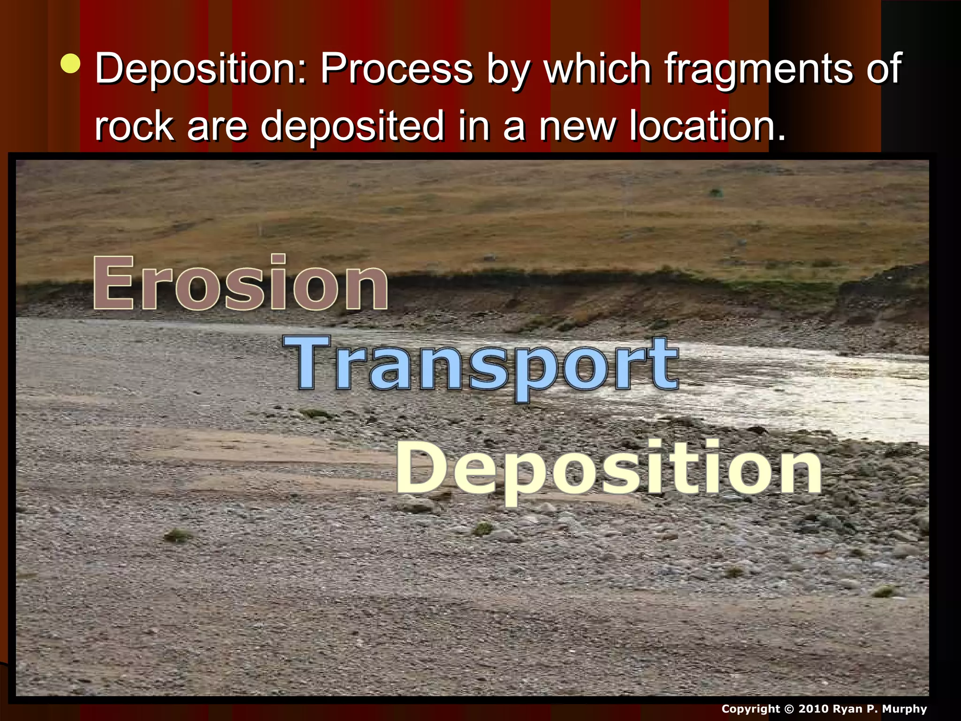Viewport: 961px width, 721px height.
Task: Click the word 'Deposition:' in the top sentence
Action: [201, 69]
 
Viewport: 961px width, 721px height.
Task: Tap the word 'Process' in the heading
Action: [397, 69]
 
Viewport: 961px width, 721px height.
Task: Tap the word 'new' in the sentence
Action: [577, 127]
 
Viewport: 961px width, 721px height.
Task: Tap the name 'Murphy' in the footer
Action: [905, 709]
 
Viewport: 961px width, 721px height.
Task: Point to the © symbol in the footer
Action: [789, 709]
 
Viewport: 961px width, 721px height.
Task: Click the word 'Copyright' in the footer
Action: [750, 709]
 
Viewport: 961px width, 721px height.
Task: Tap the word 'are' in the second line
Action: [217, 127]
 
